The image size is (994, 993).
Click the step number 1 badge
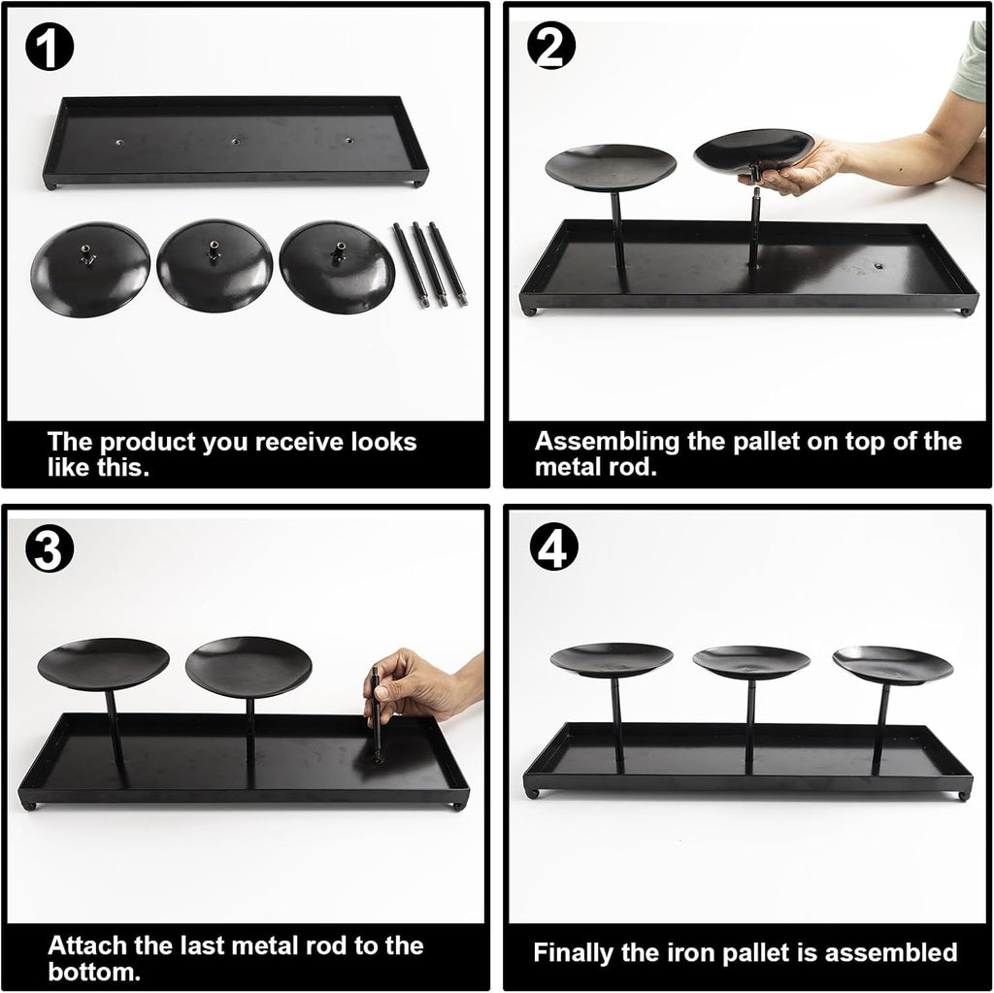pyautogui.click(x=50, y=47)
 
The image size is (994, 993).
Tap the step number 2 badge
pyautogui.click(x=551, y=47)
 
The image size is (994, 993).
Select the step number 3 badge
pyautogui.click(x=50, y=548)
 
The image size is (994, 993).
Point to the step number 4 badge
pyautogui.click(x=552, y=546)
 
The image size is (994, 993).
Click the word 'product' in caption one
pyautogui.click(x=148, y=443)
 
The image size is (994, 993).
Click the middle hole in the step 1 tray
pyautogui.click(x=235, y=141)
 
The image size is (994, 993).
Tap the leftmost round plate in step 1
pyautogui.click(x=90, y=269)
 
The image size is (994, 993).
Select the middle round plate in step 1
pyautogui.click(x=215, y=265)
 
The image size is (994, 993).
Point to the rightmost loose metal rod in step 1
pyautogui.click(x=447, y=264)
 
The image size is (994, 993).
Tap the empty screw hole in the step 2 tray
pyautogui.click(x=879, y=266)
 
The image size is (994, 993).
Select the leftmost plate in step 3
pyautogui.click(x=103, y=664)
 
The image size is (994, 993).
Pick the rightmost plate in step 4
pyautogui.click(x=893, y=665)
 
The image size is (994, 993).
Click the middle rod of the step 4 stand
pyautogui.click(x=750, y=726)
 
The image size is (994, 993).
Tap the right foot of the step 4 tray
pyautogui.click(x=964, y=795)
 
